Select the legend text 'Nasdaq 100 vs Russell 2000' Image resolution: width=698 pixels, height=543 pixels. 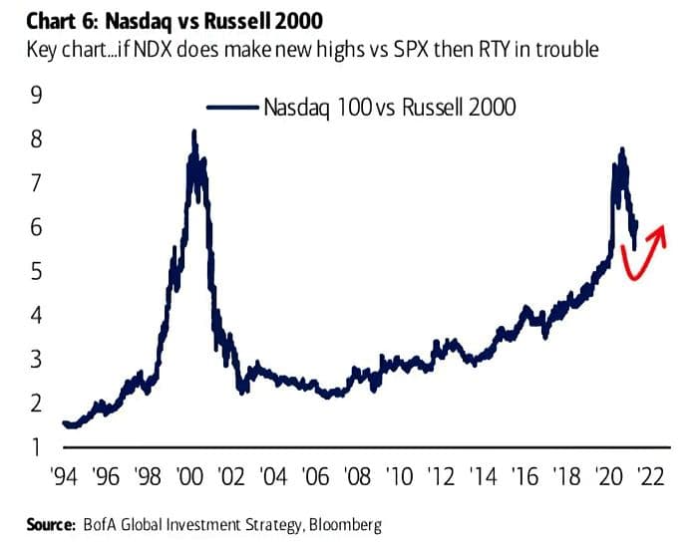pyautogui.click(x=390, y=107)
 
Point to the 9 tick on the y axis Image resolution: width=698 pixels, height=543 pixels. pyautogui.click(x=37, y=96)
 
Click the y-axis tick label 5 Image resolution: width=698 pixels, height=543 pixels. pyautogui.click(x=37, y=271)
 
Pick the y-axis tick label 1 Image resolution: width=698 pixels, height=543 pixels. pyautogui.click(x=37, y=446)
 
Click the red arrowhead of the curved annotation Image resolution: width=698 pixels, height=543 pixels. pyautogui.click(x=657, y=235)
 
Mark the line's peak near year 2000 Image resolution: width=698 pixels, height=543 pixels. pyautogui.click(x=194, y=132)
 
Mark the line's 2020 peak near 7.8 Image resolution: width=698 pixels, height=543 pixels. pyautogui.click(x=623, y=149)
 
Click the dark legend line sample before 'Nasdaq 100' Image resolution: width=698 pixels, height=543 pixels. pyautogui.click(x=230, y=107)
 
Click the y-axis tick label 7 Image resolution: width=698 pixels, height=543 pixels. pyautogui.click(x=37, y=183)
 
